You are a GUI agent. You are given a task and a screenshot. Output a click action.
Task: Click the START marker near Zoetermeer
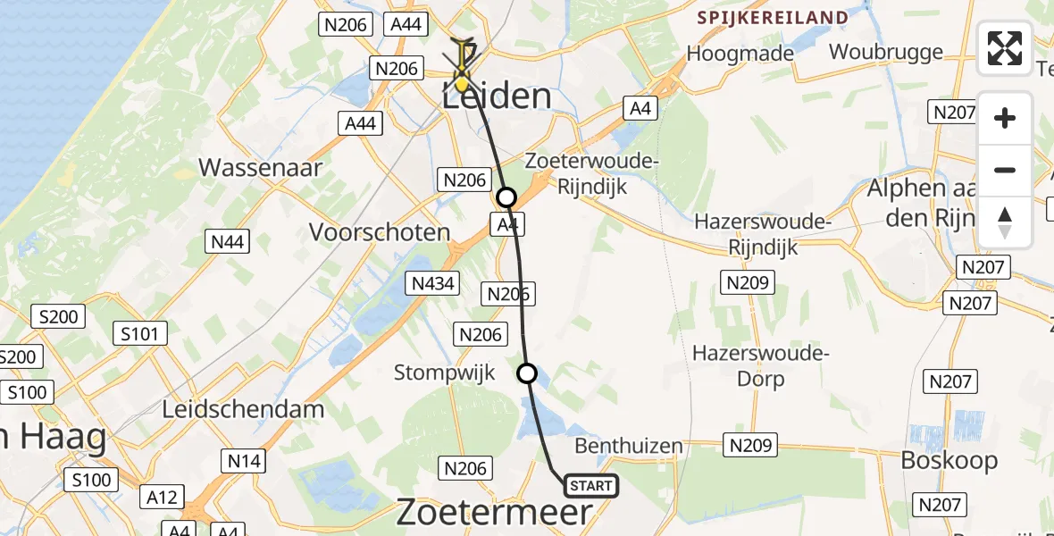tap(590, 486)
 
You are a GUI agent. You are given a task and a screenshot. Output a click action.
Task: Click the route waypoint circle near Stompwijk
tap(528, 373)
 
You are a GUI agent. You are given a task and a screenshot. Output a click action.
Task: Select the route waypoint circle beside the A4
tap(506, 197)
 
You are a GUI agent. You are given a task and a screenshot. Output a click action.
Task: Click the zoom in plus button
tap(1005, 118)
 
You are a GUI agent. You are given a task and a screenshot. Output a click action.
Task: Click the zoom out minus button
tap(1005, 170)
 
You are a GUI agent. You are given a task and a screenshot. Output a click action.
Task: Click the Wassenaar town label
tap(260, 167)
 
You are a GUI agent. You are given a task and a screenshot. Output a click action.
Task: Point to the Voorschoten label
tap(379, 232)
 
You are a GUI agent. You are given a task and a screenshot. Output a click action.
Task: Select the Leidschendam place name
tap(243, 409)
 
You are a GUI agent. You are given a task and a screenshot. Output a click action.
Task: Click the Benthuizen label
tap(629, 446)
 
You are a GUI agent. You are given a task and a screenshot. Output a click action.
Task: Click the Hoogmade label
tap(740, 54)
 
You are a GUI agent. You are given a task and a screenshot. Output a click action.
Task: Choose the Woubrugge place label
tap(885, 52)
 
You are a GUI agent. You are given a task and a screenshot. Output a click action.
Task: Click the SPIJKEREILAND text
tap(772, 18)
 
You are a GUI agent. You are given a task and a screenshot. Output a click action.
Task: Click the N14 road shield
tap(244, 461)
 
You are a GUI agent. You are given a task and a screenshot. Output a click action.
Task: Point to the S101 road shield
tap(139, 335)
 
